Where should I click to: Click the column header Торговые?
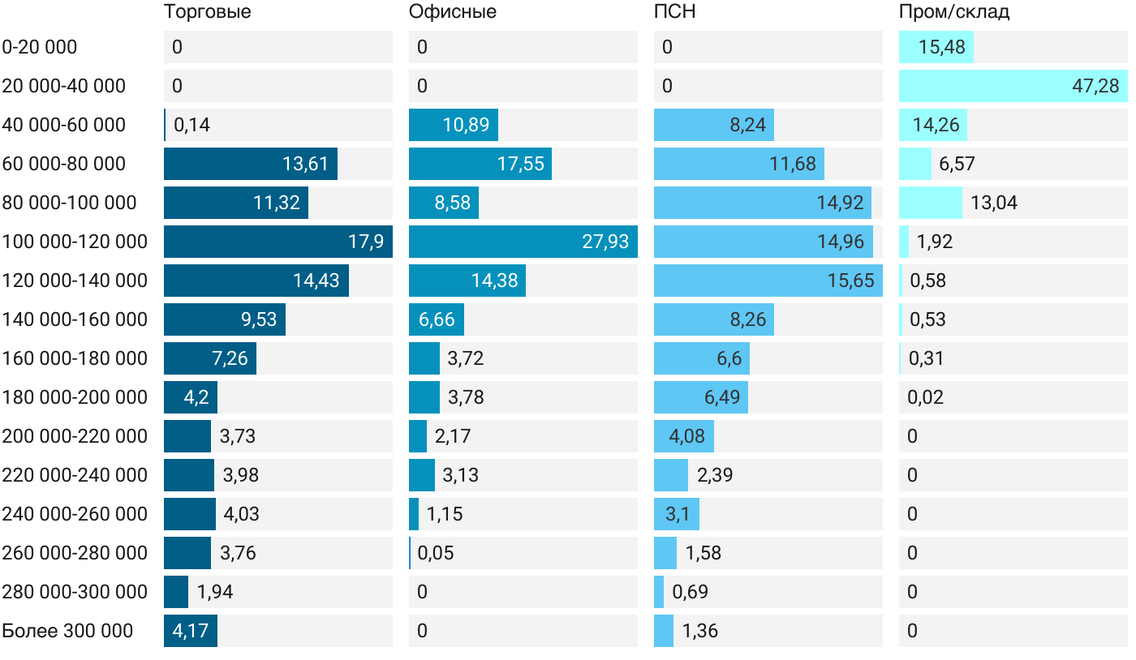coord(207,12)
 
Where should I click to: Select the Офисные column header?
coord(452,12)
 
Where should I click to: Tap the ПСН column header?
coord(674,12)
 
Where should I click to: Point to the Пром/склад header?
coord(953,12)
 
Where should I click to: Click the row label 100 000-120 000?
coord(75,242)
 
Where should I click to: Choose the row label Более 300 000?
coord(67,631)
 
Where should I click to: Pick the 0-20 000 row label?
coord(40,47)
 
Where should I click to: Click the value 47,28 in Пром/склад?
coord(1095,86)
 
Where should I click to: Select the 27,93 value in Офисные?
coord(605,242)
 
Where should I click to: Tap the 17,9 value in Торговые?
coord(365,242)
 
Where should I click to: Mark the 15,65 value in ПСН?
coord(850,281)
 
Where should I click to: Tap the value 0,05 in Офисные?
coord(436,553)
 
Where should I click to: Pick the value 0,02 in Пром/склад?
coord(926,397)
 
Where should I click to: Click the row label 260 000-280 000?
coord(75,553)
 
